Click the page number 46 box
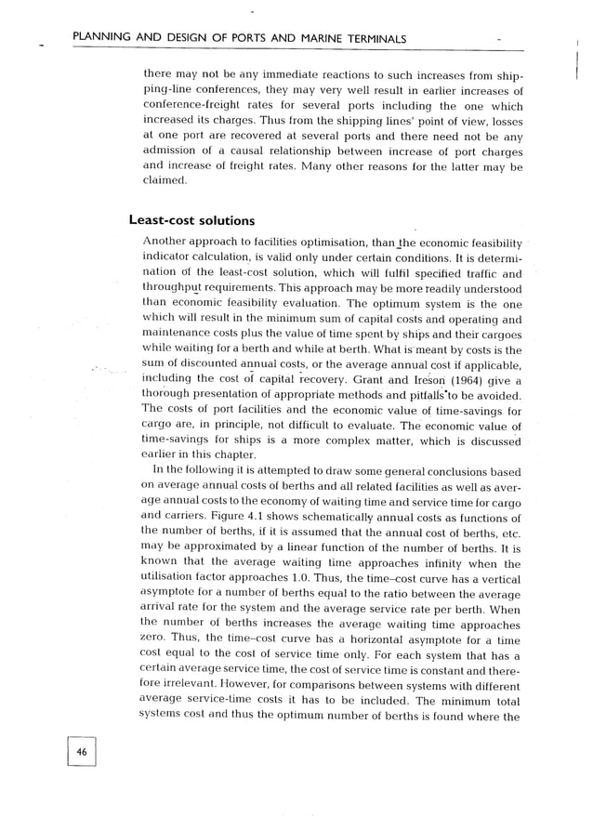82,752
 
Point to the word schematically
337,518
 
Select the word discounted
210,365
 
